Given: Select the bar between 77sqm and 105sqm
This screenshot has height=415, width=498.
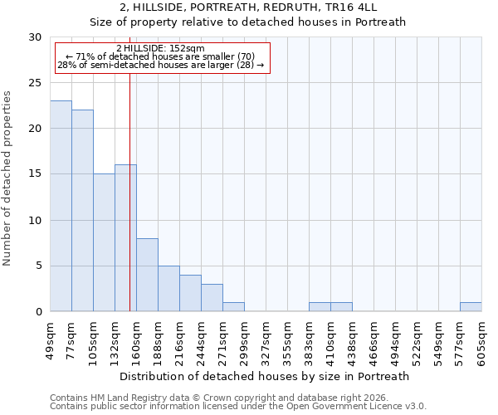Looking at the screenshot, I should click(82, 211).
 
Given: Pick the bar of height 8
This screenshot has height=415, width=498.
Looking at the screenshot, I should click(147, 275).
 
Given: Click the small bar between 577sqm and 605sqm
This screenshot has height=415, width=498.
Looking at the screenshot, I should click(471, 307).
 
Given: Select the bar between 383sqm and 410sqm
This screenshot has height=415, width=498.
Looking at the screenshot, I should click(320, 307).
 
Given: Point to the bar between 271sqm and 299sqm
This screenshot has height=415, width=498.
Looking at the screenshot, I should click(233, 307).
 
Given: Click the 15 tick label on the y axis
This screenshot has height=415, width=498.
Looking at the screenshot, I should click(34, 174).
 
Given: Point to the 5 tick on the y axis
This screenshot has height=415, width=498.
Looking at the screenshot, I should click(37, 266).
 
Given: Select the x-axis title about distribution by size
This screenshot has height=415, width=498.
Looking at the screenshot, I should click(266, 376).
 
